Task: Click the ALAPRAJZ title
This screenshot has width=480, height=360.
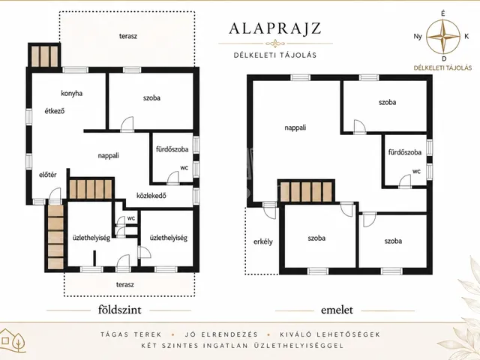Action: point(275,28)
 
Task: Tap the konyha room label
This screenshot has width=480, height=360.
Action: point(72,93)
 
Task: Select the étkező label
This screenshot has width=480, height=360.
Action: point(55,111)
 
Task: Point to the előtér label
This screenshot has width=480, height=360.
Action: point(48,175)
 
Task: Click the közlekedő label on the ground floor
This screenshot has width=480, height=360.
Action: point(151,195)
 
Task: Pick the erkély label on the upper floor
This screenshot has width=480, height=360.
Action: point(263,241)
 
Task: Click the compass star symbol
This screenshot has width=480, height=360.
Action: point(443,37)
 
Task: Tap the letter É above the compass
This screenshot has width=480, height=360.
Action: point(443,13)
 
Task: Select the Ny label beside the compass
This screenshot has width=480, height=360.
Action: point(418,37)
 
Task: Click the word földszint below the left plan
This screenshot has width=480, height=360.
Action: point(120,310)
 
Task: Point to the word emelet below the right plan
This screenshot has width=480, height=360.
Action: point(337,310)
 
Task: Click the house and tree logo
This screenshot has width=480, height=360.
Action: point(13,340)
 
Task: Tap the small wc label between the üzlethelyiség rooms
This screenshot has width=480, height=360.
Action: point(131,218)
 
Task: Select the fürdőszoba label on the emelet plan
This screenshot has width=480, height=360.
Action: point(405,152)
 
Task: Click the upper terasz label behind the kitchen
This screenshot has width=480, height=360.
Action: point(128,36)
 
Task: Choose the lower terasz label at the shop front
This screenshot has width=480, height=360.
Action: point(125,285)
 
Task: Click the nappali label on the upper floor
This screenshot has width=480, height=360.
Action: point(295,127)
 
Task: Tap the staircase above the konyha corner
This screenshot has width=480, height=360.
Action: point(44,56)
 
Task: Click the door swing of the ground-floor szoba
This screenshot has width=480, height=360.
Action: point(127,124)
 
